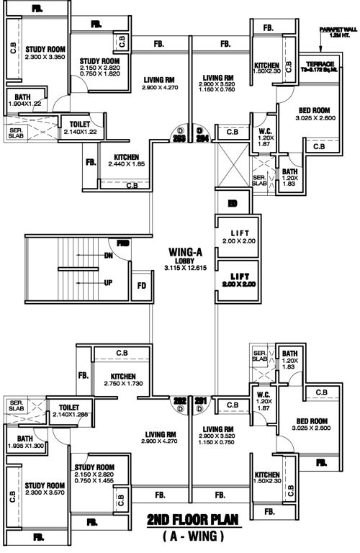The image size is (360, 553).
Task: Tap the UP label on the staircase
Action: (109, 282)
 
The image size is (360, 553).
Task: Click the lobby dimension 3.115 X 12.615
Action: (179, 268)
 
